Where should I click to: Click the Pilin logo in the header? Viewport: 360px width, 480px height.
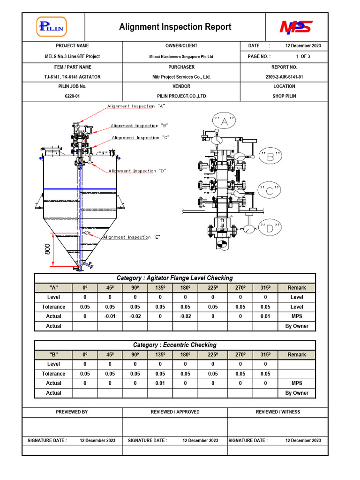pyautogui.click(x=52, y=26)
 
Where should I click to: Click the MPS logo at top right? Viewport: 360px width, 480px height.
pyautogui.click(x=296, y=27)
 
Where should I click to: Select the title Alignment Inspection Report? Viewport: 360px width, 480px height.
pyautogui.click(x=175, y=27)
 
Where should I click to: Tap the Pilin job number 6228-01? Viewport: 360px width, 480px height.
pyautogui.click(x=72, y=96)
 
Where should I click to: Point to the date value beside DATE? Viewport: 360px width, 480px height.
pyautogui.click(x=303, y=46)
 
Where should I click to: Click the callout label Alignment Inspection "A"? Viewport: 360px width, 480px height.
pyautogui.click(x=136, y=106)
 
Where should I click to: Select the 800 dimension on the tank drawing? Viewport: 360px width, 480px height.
pyautogui.click(x=47, y=249)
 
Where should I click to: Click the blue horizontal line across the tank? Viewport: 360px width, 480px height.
pyautogui.click(x=80, y=189)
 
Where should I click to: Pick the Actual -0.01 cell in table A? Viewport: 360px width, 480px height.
pyautogui.click(x=110, y=316)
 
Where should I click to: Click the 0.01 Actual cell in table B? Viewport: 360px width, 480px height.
pyautogui.click(x=160, y=383)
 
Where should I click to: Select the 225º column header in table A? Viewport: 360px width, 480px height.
pyautogui.click(x=212, y=288)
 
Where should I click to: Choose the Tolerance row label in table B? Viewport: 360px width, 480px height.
pyautogui.click(x=53, y=374)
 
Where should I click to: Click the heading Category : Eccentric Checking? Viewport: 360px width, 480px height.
pyautogui.click(x=175, y=345)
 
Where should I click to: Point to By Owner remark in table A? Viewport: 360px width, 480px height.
pyautogui.click(x=297, y=326)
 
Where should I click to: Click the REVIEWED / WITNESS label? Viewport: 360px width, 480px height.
pyautogui.click(x=278, y=412)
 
